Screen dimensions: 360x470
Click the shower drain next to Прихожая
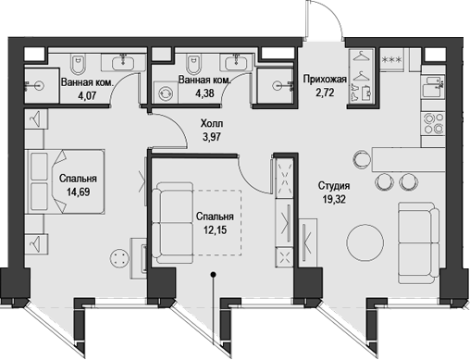pyautogui.click(x=276, y=82)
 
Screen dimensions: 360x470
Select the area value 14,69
pyautogui.click(x=78, y=194)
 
